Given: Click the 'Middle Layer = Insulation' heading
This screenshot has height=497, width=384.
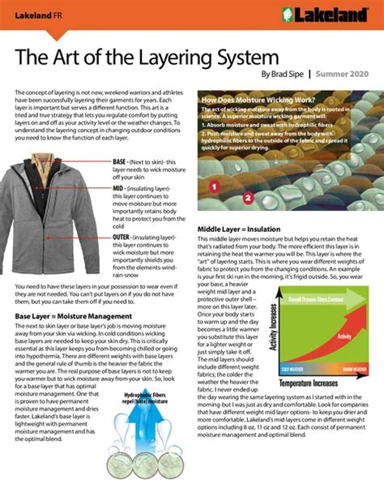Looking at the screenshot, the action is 245,230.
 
